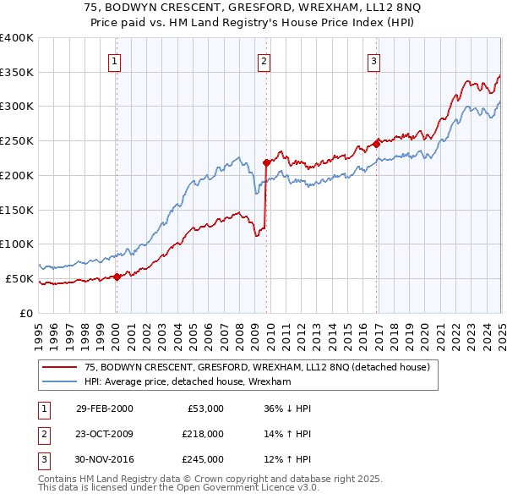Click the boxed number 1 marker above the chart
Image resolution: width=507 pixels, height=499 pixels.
click(114, 60)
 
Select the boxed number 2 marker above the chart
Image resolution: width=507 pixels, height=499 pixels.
click(264, 60)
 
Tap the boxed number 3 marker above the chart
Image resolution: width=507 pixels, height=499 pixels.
click(373, 60)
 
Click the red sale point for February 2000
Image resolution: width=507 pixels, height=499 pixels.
click(117, 276)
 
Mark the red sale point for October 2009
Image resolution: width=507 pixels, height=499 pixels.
click(266, 162)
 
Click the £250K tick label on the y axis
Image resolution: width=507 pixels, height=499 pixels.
click(17, 141)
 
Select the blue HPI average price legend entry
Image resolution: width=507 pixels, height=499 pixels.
click(187, 381)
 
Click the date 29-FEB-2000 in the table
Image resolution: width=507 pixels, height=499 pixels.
click(104, 409)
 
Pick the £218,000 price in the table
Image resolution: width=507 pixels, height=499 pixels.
click(203, 434)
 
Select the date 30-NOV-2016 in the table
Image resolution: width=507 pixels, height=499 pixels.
click(105, 459)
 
